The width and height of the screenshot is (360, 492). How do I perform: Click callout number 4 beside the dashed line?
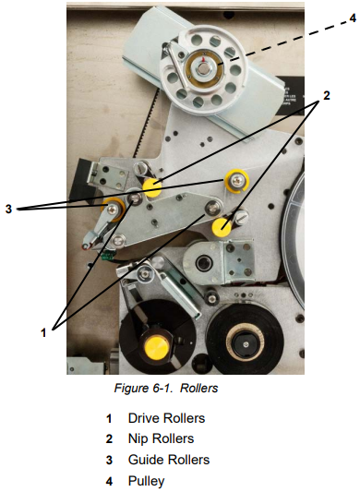(x=353, y=18)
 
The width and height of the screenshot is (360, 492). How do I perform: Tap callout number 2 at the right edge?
(x=327, y=95)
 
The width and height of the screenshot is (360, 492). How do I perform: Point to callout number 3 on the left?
(x=8, y=209)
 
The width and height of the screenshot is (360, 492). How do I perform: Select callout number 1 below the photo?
(x=43, y=332)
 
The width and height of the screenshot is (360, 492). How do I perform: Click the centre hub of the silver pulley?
(x=204, y=66)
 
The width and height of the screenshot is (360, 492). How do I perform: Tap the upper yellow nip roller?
(x=152, y=187)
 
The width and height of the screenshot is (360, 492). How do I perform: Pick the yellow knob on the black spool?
(x=157, y=348)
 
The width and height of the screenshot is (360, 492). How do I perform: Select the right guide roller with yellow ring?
(x=236, y=181)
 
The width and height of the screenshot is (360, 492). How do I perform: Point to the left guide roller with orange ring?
(x=112, y=209)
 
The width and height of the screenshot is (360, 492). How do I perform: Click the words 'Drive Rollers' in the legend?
(x=166, y=418)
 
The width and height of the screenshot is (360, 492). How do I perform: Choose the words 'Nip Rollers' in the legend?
(x=161, y=439)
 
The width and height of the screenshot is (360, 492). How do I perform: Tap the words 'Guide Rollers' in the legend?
(x=169, y=460)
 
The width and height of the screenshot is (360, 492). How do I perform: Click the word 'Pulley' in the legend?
(x=146, y=481)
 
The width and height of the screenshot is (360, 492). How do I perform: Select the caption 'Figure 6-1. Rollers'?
(x=166, y=389)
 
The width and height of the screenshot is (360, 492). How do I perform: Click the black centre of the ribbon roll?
(x=246, y=344)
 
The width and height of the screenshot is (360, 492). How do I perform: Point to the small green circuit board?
(x=108, y=255)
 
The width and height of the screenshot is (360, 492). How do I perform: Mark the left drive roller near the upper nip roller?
(x=136, y=198)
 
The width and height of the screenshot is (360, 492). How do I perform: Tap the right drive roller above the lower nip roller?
(x=213, y=208)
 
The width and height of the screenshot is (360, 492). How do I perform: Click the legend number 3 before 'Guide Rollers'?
(x=109, y=461)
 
